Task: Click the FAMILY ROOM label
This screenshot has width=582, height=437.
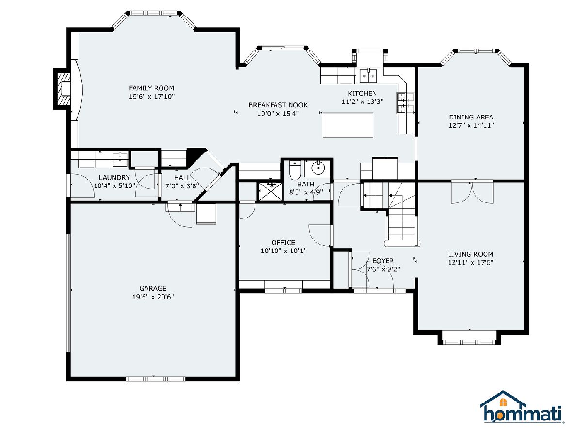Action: pos(151,88)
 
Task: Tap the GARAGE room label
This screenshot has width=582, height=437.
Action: pos(153,288)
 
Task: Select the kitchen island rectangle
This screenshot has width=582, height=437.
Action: pos(348,125)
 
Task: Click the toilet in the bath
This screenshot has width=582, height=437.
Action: pos(294,170)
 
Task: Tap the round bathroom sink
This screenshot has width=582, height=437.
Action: pos(317,168)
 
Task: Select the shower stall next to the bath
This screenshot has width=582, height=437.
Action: pos(271,191)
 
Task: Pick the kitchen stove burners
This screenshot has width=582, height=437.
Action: pos(405,102)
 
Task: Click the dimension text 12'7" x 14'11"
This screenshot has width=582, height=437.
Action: pos(471,125)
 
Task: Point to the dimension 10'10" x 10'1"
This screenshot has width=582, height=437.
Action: pos(283,251)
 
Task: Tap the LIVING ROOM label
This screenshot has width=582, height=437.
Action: pos(470,254)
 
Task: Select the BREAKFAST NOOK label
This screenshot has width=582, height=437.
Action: pos(278,105)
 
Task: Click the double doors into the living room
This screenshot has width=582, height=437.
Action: pos(472,192)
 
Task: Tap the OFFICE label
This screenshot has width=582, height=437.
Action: pos(283,242)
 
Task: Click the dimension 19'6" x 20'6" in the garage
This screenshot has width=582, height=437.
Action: pos(153,297)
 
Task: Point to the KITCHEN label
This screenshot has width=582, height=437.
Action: pos(362,93)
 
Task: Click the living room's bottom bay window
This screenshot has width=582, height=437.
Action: pos(469,342)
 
